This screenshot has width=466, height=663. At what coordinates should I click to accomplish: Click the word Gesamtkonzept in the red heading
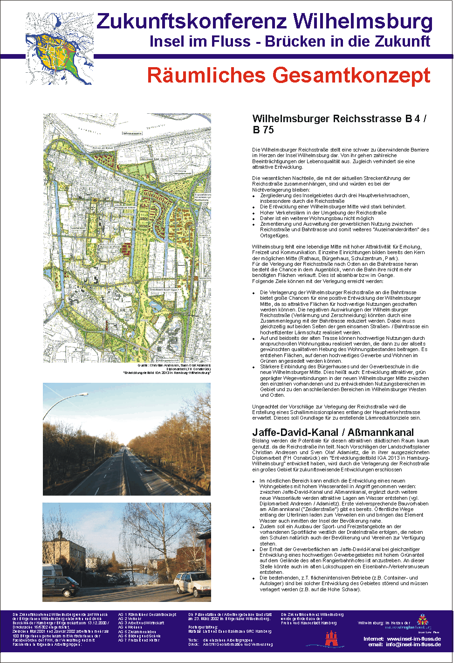pos(352,76)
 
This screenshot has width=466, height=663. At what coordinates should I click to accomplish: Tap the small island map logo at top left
pos(59,48)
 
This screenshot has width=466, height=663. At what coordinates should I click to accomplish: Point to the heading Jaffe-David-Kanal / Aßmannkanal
pos(333,432)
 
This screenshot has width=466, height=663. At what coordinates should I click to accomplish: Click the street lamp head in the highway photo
pos(84,394)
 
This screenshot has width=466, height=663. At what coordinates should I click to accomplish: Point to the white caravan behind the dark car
pos(52,571)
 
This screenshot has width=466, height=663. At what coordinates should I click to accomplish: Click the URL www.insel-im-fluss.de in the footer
pos(414,639)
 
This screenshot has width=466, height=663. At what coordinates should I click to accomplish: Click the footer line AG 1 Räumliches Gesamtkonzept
pos(147,615)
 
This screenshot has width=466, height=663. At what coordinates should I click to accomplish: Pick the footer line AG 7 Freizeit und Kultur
pos(139,640)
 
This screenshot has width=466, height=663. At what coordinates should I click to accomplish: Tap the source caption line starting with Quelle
pos(174,366)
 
